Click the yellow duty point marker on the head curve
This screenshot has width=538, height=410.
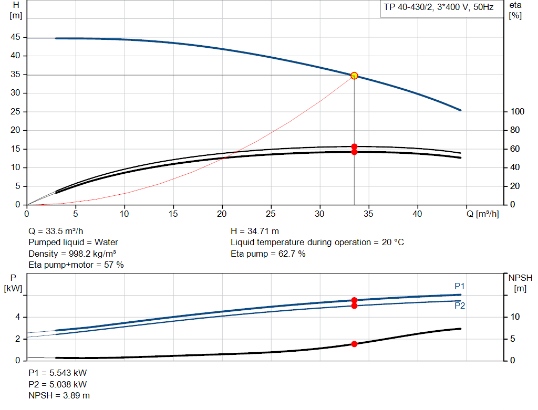pos(354,76)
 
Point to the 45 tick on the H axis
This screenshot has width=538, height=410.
pos(15,37)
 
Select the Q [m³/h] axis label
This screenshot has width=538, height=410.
pos(483,214)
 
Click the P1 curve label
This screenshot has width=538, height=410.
pos(460,286)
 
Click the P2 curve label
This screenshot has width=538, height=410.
pos(460,306)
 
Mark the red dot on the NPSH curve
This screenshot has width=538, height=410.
pos(354,344)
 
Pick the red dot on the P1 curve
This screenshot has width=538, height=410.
pos(354,300)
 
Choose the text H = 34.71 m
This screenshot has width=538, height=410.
pos(255,231)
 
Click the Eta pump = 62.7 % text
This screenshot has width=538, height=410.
pos(268,254)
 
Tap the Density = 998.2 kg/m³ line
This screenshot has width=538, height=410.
pos(73,254)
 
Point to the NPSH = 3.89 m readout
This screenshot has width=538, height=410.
pos(59,395)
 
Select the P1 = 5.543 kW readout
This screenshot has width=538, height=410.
pos(57,373)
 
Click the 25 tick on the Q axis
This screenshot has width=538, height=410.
pos(271,214)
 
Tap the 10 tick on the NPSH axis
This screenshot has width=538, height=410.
pos(515,317)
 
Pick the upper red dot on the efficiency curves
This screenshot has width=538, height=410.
pos(354,147)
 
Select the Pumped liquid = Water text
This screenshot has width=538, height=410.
pos(73,242)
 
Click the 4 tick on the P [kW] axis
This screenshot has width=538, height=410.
pos(18,317)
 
